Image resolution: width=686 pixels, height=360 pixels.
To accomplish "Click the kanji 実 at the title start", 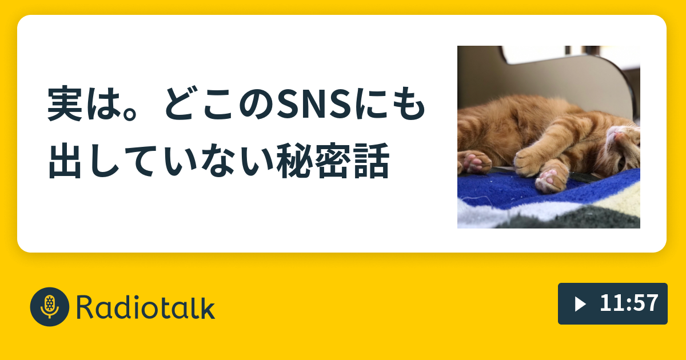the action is (x=65, y=104).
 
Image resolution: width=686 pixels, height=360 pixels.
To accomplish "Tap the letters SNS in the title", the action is (x=314, y=105).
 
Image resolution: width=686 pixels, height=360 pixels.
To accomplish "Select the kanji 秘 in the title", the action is (x=293, y=161).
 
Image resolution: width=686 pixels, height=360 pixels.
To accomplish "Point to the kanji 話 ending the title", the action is (x=371, y=161).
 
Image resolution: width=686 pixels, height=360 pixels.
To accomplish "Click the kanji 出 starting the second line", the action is (x=65, y=161).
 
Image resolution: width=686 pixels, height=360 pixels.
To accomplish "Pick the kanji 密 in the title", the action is (x=332, y=161).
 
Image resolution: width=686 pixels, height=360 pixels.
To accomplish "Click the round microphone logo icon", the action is (x=50, y=307).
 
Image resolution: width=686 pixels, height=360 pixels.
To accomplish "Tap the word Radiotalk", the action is (x=146, y=307).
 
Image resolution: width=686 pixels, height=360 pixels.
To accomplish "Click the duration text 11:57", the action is (x=629, y=303).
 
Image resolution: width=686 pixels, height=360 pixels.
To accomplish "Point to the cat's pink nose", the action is (x=618, y=135).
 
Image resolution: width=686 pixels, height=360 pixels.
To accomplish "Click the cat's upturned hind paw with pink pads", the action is (x=551, y=178).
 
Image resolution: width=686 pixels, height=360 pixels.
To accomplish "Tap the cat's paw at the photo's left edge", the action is (x=474, y=162).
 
